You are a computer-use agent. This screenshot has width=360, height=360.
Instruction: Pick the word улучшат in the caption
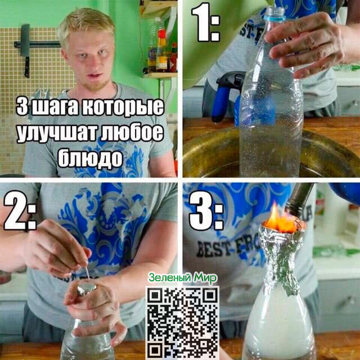(57, 133)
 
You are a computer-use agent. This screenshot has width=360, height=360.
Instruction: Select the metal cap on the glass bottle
(87, 288)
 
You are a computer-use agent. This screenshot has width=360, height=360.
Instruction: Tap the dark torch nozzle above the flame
(298, 199)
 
